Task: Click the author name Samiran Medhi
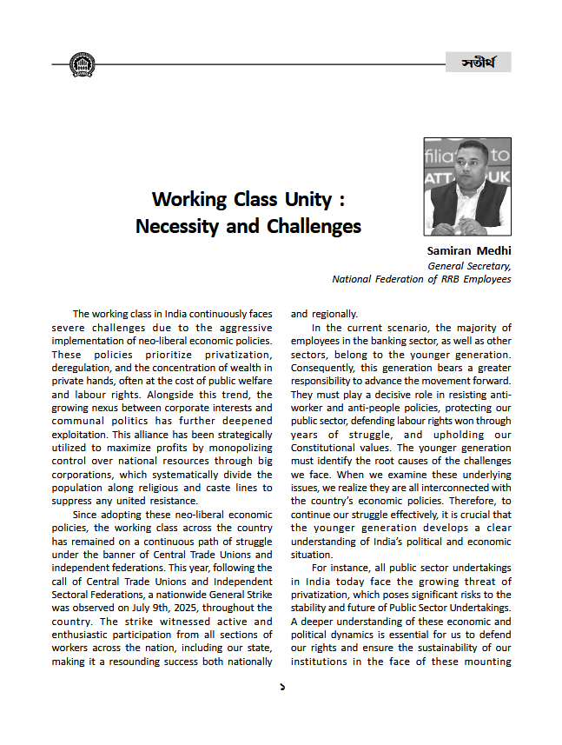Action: coord(468,252)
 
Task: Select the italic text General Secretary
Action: coord(469,266)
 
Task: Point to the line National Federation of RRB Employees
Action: coord(421,280)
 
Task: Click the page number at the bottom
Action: coord(281,687)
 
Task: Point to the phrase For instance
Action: coord(341,568)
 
